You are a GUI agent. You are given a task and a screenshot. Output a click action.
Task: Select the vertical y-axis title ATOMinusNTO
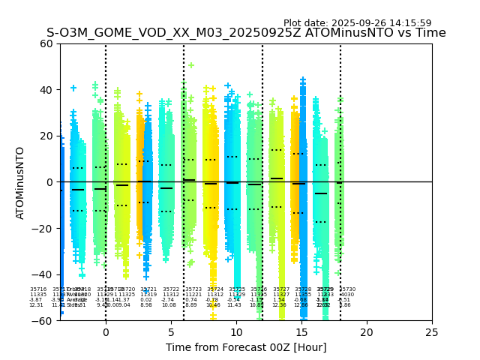pos(21,182)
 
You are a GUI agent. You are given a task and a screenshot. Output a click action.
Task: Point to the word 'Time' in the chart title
pos(431,33)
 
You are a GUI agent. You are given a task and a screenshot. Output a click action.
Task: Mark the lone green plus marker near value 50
pos(191,65)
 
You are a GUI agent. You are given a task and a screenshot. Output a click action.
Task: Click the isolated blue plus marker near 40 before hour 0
pos(73,88)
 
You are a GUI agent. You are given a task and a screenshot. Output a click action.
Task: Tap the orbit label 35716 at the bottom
pos(38,289)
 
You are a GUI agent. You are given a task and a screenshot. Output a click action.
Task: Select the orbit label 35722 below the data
pos(171,289)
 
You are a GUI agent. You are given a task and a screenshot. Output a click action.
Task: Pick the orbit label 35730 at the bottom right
pos(347,289)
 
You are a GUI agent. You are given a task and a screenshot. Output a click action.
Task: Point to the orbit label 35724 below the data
pos(215,289)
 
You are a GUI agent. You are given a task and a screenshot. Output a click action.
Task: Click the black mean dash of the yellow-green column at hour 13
pos(277,178)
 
